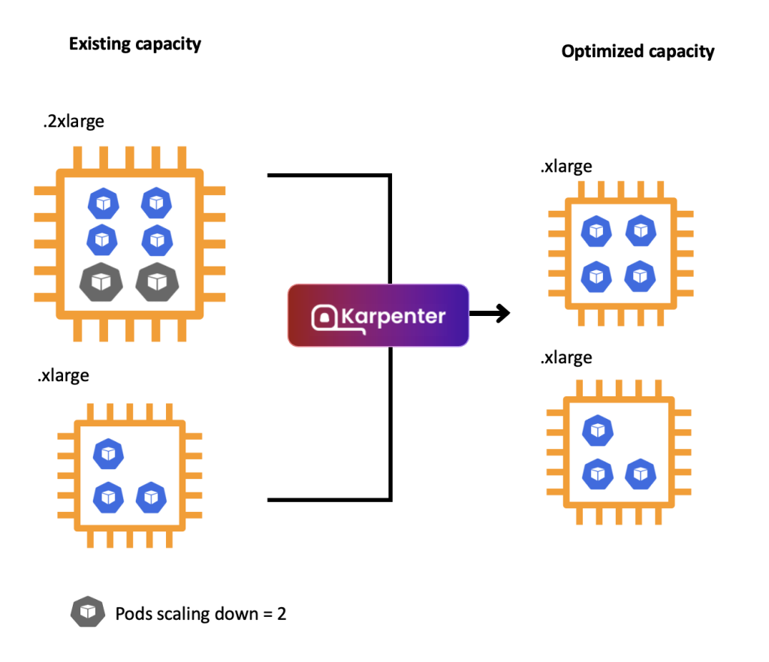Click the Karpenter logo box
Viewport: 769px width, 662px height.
pyautogui.click(x=378, y=315)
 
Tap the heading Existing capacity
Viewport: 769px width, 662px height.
pyautogui.click(x=134, y=44)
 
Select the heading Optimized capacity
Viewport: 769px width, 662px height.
pyautogui.click(x=638, y=51)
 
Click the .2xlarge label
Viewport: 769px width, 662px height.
pyautogui.click(x=73, y=122)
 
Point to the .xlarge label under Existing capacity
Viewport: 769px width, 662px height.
pyautogui.click(x=63, y=375)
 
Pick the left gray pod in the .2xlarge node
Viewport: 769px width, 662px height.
pyautogui.click(x=100, y=281)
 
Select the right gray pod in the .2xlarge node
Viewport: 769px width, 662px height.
pyautogui.click(x=155, y=281)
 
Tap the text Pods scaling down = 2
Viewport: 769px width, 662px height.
pyautogui.click(x=201, y=613)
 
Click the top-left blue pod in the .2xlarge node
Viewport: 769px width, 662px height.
pyautogui.click(x=104, y=202)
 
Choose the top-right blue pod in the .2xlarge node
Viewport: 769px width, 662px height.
pyautogui.click(x=156, y=202)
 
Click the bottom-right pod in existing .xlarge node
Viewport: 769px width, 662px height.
pyautogui.click(x=151, y=496)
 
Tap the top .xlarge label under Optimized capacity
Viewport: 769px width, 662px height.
pyautogui.click(x=565, y=167)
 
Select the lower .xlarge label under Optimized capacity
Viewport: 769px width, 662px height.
pyautogui.click(x=565, y=358)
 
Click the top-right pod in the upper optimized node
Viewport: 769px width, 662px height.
pyautogui.click(x=639, y=230)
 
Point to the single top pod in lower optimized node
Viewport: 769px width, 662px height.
pyautogui.click(x=597, y=430)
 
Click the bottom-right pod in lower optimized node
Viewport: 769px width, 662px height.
pyautogui.click(x=639, y=474)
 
